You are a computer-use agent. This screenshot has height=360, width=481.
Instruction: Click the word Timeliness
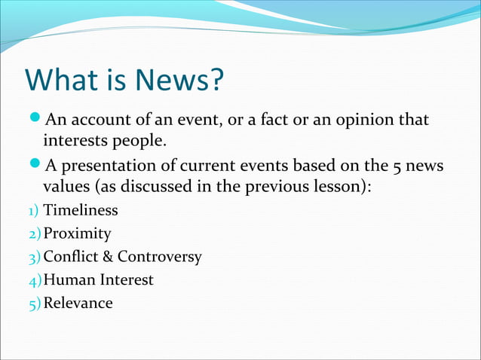click(81, 211)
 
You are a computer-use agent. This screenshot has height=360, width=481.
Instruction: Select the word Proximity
click(78, 234)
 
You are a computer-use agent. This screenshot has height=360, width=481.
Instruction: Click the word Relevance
click(78, 304)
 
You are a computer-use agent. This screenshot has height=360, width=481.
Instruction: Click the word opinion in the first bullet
click(366, 120)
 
